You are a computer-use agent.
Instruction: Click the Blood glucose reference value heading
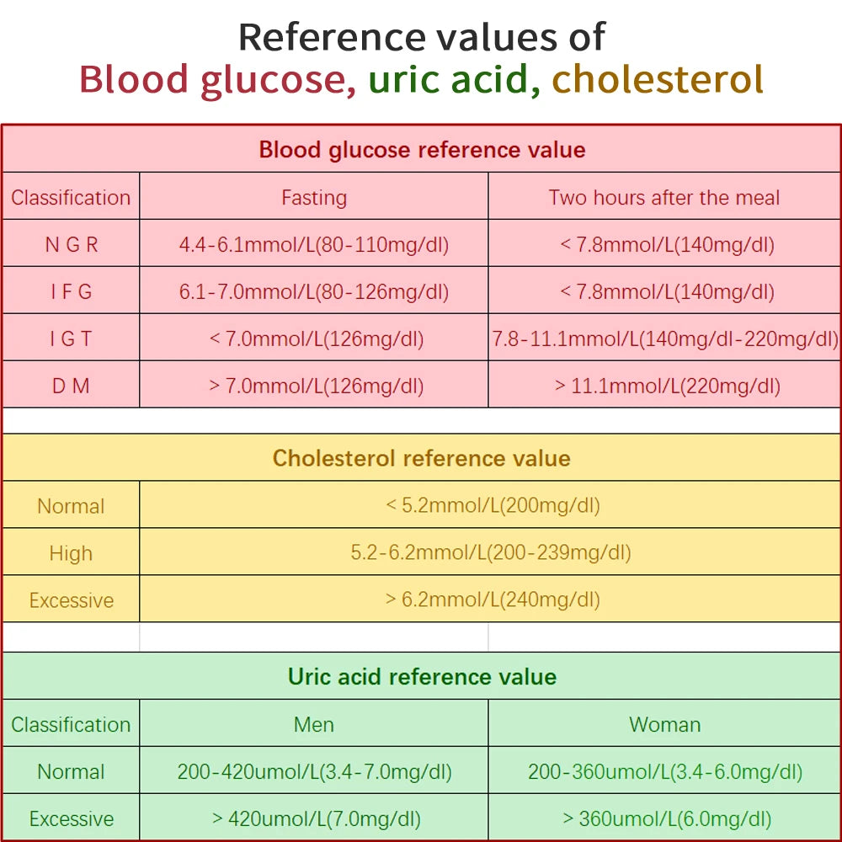click(421, 150)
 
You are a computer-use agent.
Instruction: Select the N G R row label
click(71, 245)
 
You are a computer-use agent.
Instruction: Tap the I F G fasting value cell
click(313, 292)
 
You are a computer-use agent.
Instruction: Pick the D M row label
click(71, 386)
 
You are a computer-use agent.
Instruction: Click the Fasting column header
click(313, 198)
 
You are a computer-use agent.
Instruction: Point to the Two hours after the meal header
click(663, 198)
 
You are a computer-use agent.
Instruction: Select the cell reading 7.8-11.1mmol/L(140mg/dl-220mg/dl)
click(664, 339)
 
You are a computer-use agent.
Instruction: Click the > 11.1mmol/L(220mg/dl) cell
click(664, 386)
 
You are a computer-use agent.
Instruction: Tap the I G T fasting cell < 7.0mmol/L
click(313, 339)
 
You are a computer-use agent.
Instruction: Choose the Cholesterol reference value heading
click(421, 458)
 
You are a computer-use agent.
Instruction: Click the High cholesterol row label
click(71, 553)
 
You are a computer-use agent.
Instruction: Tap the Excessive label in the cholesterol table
click(71, 600)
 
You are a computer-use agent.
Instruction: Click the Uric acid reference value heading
click(421, 677)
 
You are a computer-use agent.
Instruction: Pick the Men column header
click(313, 725)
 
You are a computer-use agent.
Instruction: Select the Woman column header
click(664, 725)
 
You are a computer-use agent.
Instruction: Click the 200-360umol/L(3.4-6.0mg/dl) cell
click(664, 772)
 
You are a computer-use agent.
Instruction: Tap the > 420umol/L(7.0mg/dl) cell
click(313, 819)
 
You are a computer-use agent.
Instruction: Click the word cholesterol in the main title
click(658, 79)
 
